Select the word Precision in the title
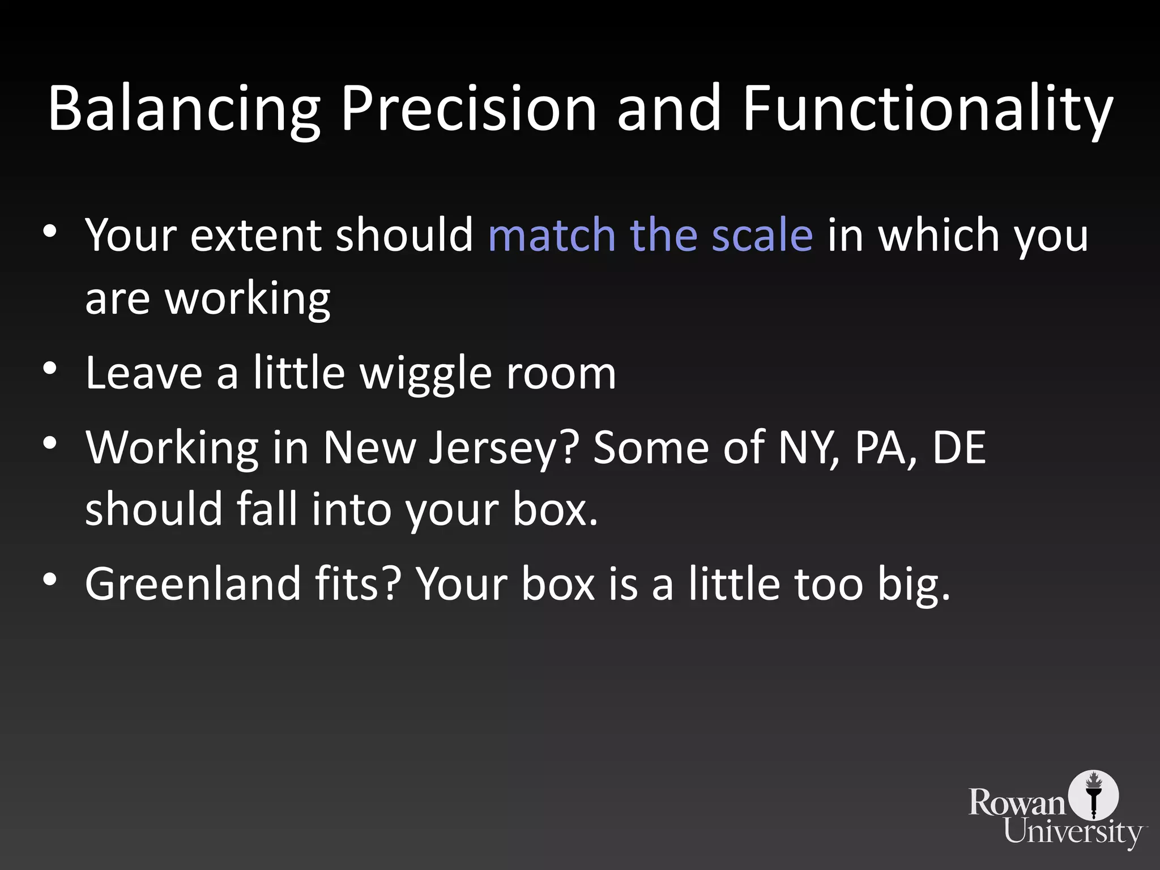pos(468,109)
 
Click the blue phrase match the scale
pos(650,234)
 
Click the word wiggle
pos(426,374)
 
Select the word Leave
pos(144,374)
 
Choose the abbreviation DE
pos(959,447)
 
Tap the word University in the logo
pos(1073,833)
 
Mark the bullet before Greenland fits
pos(50,579)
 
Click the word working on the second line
pos(248,299)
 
